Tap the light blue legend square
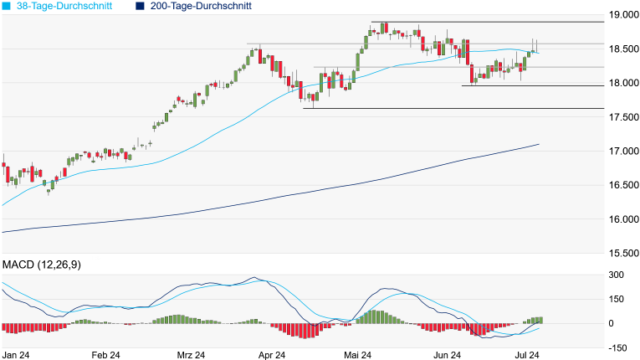[7, 6]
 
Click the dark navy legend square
[137, 6]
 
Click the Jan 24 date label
[16, 355]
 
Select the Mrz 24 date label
[191, 355]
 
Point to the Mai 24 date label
[357, 355]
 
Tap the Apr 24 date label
[272, 355]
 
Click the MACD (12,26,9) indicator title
[47, 265]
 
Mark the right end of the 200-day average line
[538, 145]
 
